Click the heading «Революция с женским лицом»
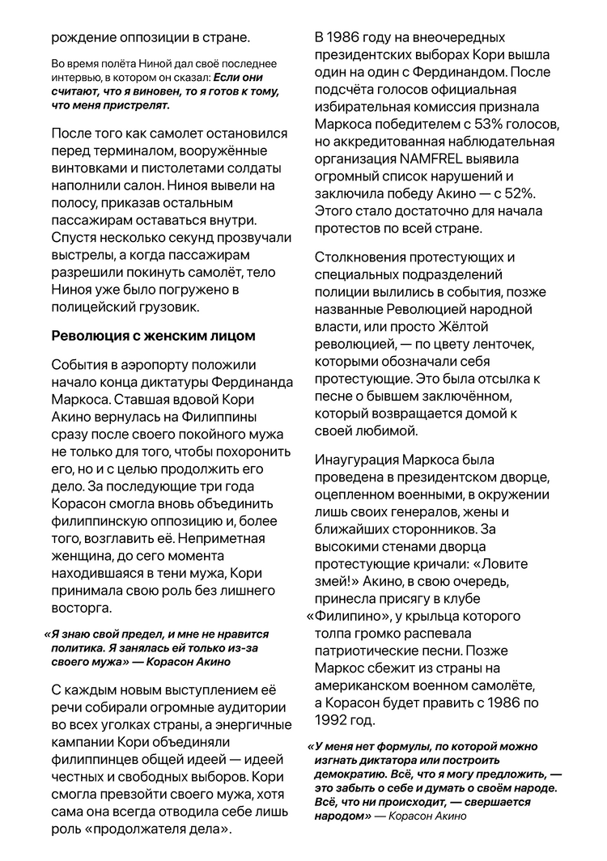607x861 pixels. pos(153,335)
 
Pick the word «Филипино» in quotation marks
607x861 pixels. pos(353,616)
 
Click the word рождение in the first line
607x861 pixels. pos(83,36)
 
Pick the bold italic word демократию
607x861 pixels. pos(351,774)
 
